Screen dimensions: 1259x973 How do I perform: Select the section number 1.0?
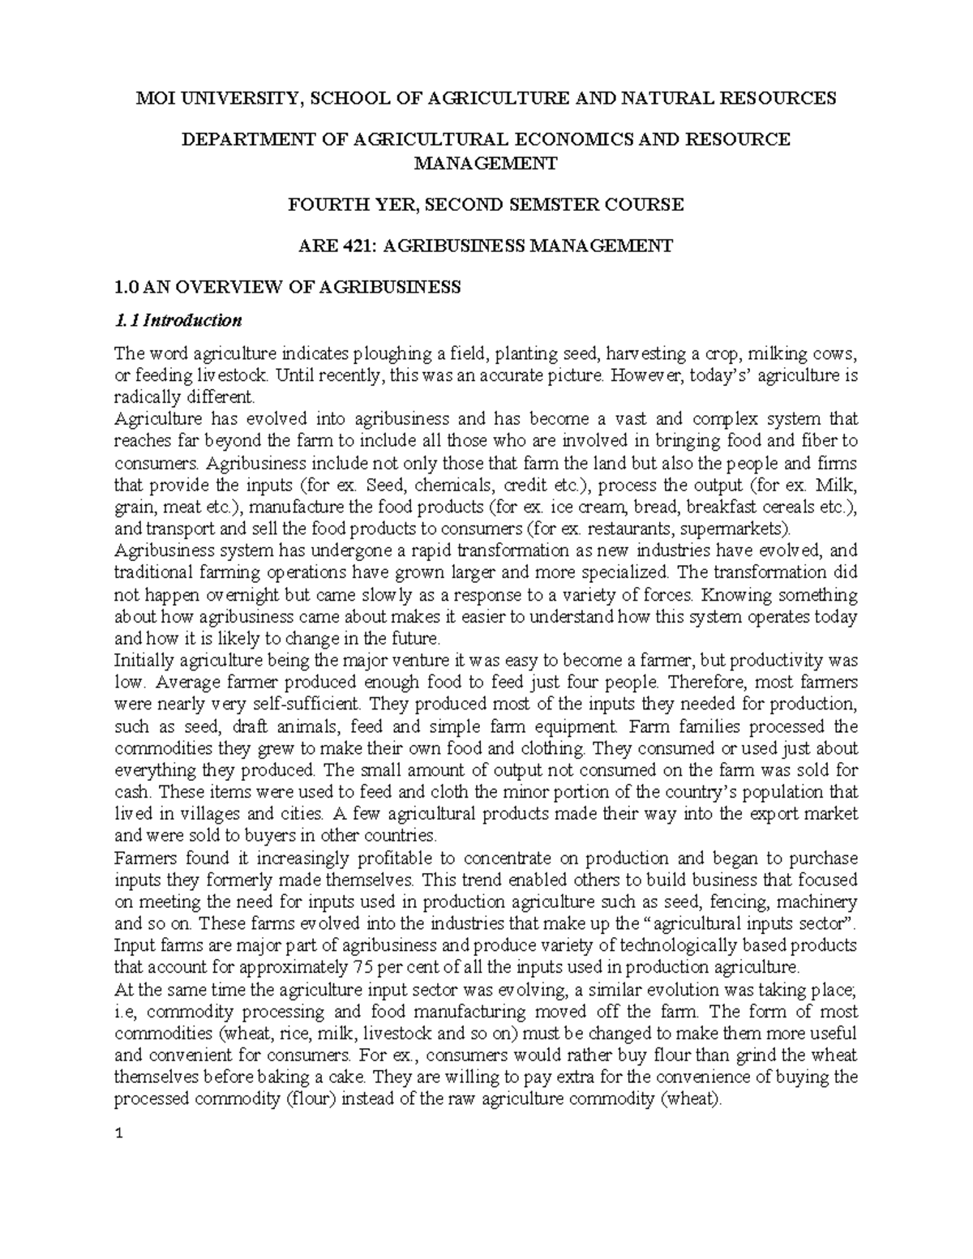[126, 287]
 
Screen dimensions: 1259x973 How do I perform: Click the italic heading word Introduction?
[192, 320]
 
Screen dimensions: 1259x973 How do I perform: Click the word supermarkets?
[737, 529]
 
